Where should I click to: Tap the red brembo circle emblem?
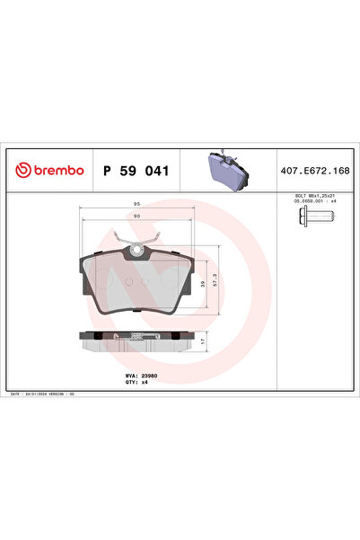coord(20,170)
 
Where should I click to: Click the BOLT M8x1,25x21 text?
coord(315,195)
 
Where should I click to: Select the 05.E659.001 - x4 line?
coord(315,201)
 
